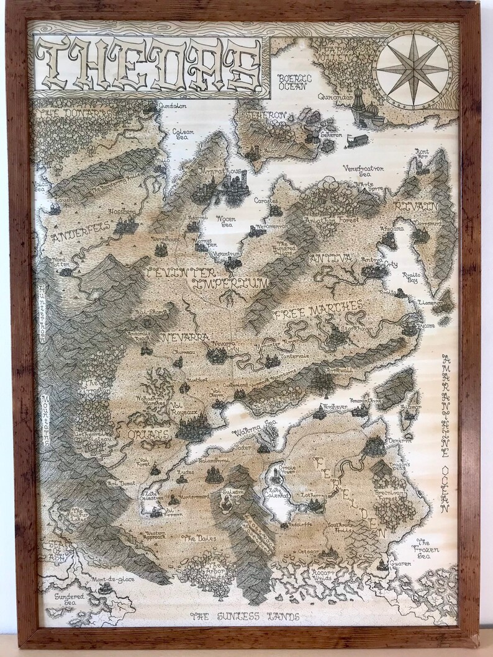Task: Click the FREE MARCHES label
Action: [317, 309]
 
